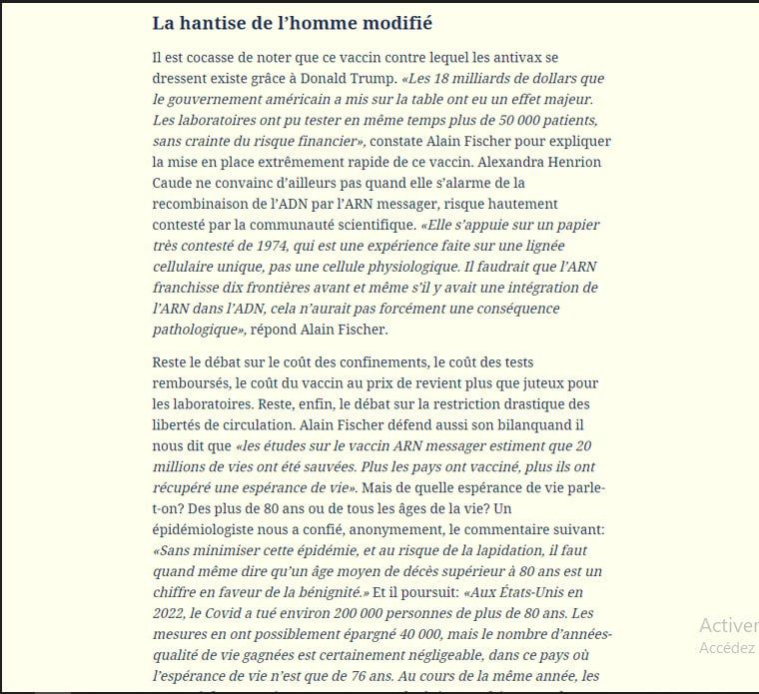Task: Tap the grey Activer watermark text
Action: (x=726, y=625)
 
